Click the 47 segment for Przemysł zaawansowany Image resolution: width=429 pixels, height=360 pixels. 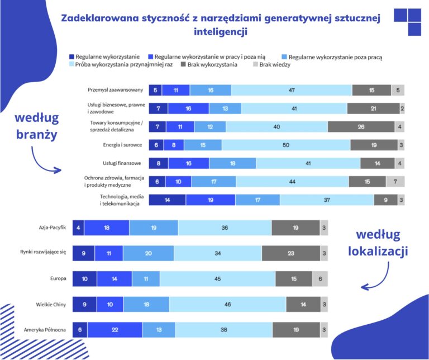pos(292,90)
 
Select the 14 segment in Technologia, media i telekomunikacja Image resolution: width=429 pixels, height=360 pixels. pos(167,200)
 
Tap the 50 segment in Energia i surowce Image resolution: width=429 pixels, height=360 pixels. pos(286,145)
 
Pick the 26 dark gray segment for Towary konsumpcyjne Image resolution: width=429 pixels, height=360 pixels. pos(361,127)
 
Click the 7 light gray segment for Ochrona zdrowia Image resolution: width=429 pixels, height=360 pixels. pos(395,182)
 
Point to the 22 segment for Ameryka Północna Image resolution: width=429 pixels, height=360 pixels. pos(115,330)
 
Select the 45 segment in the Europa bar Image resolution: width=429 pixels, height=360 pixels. pos(217,279)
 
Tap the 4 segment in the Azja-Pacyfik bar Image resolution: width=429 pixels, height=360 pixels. pos(78,228)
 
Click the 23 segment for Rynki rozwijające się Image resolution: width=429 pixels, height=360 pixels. pos(291,253)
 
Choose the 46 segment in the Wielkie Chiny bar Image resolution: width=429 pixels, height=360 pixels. pos(228,304)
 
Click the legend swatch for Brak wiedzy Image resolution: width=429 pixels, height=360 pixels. pos(255,64)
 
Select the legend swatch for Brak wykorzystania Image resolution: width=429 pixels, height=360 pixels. pos(183,64)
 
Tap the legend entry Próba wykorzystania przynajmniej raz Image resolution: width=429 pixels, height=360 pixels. pos(121,65)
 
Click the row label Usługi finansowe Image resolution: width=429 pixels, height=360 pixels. pos(122,163)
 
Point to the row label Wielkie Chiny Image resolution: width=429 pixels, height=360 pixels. pos(51,305)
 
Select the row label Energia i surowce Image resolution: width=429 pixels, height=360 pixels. pos(122,145)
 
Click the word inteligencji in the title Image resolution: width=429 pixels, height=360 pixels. pos(221,31)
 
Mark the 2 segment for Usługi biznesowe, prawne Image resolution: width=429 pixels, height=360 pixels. pos(402,108)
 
